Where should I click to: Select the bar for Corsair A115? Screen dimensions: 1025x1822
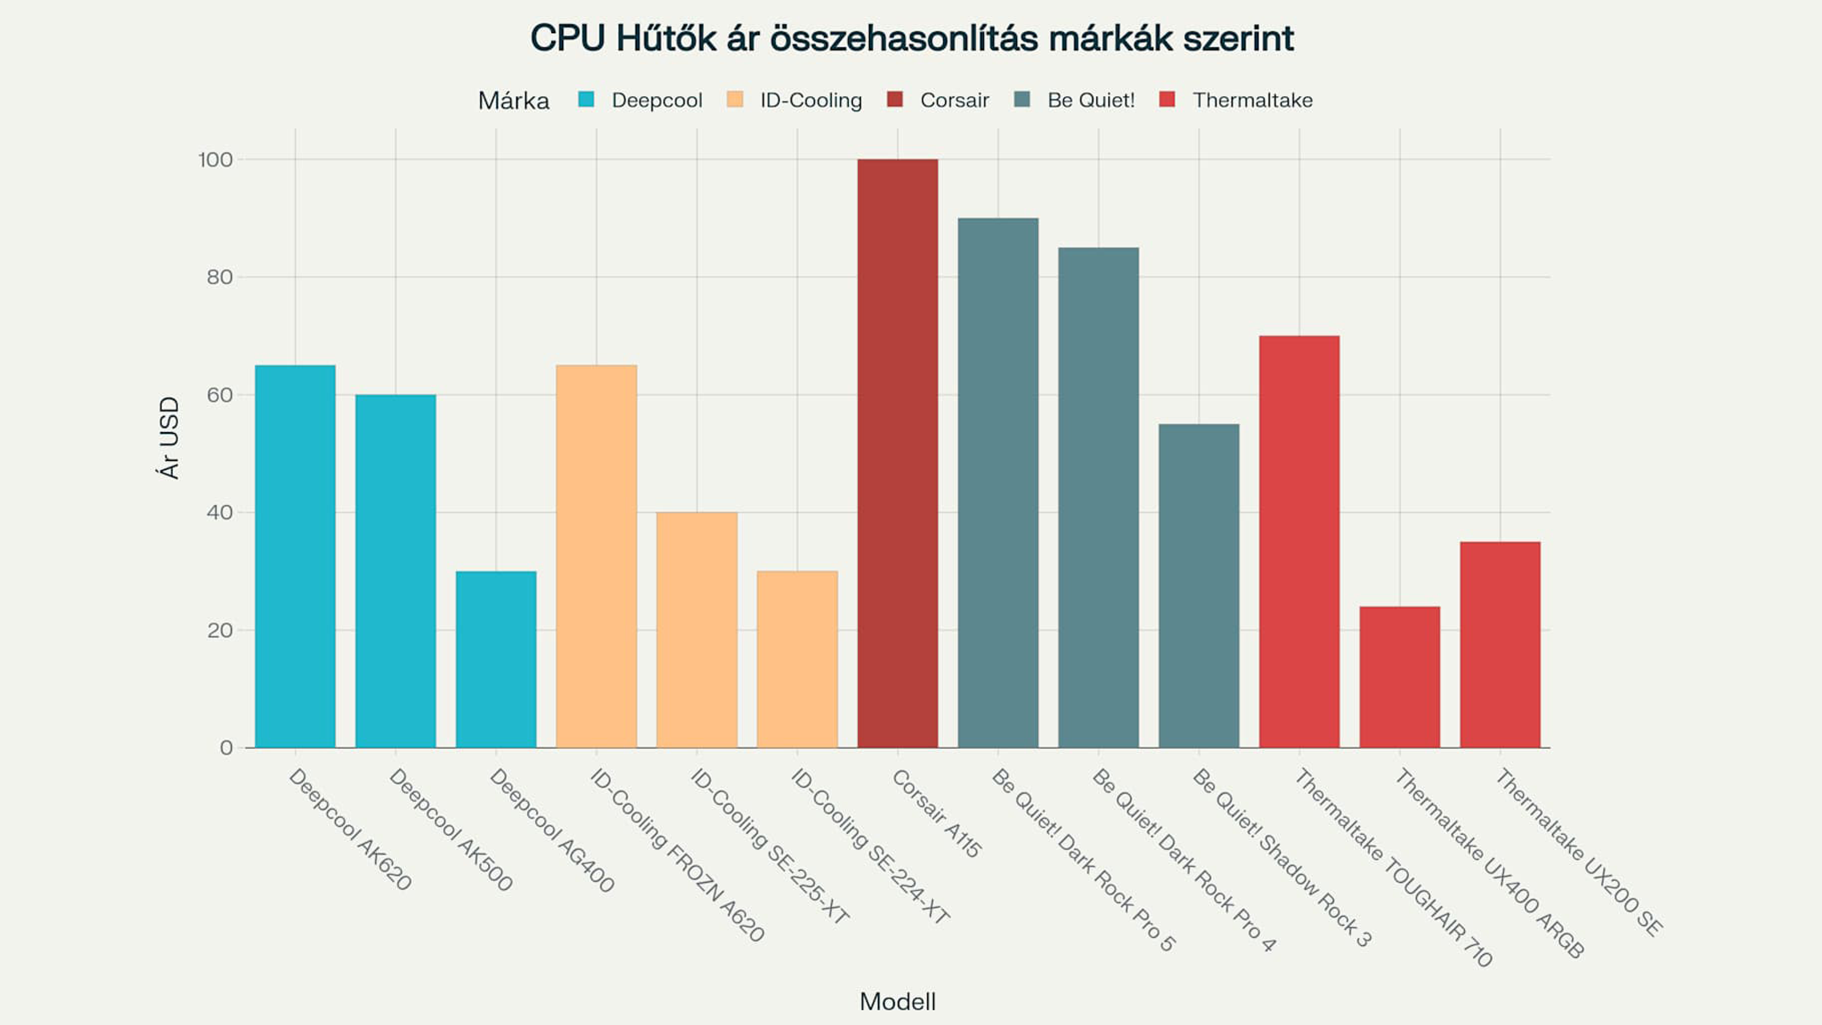click(898, 453)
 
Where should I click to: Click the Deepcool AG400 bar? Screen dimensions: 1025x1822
click(496, 659)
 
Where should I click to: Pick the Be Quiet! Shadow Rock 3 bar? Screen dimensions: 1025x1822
click(1199, 585)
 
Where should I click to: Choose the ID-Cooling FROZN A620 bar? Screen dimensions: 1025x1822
click(596, 556)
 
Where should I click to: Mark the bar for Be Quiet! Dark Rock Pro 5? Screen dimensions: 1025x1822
click(998, 483)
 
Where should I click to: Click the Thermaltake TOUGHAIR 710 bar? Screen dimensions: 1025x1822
click(1299, 541)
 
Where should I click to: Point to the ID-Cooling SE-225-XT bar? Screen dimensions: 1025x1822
click(697, 630)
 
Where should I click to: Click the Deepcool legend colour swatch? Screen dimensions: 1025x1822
click(586, 100)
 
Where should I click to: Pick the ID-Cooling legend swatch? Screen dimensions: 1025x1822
click(735, 100)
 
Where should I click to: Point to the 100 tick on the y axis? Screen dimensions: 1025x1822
click(215, 160)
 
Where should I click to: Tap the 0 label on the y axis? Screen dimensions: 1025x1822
click(226, 748)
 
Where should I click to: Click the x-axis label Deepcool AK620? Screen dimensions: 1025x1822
click(349, 829)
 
